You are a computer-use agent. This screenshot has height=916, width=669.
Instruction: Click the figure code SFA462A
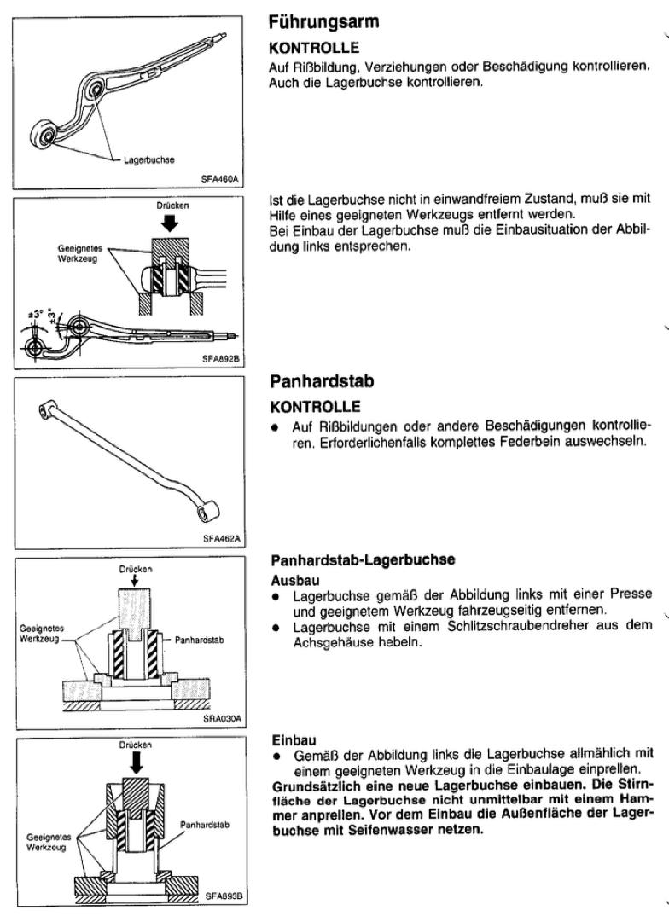click(222, 539)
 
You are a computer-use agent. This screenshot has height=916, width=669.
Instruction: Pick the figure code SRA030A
click(222, 718)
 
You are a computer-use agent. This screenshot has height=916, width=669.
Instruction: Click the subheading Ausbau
click(290, 577)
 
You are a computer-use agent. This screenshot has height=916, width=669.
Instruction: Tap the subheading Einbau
click(289, 740)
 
